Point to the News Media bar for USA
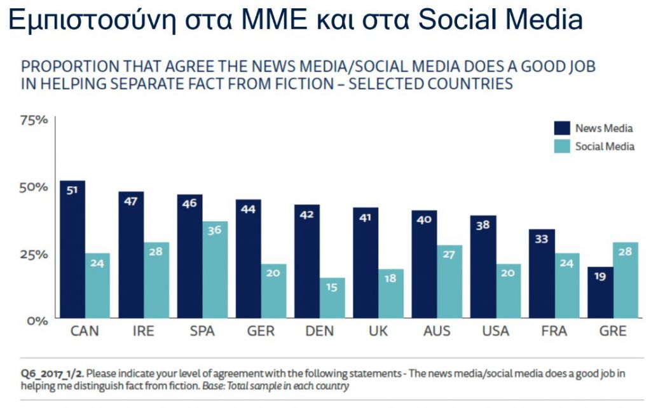pos(484,267)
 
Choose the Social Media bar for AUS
pos(449,282)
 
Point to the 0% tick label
pos(36,320)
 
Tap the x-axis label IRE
pos(144,331)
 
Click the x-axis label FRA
pos(554,331)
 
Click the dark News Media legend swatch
pos(562,128)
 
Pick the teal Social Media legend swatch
pos(562,147)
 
